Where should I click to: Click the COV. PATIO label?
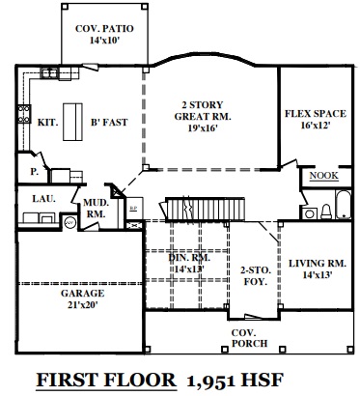click(104, 29)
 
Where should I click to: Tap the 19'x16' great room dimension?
click(203, 127)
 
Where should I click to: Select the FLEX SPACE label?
click(316, 114)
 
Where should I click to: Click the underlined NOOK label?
click(324, 176)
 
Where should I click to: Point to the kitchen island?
click(72, 122)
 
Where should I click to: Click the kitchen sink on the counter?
click(49, 73)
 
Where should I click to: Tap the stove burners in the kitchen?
click(24, 114)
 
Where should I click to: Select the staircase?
click(205, 209)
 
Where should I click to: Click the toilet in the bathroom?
click(326, 212)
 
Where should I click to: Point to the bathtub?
click(344, 205)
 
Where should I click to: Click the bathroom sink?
click(310, 213)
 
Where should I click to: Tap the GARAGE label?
click(82, 294)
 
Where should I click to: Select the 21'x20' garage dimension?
click(82, 304)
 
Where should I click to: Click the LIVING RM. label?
click(318, 264)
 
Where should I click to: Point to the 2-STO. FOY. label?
click(256, 275)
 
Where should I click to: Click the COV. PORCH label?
click(250, 338)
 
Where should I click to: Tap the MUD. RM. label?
click(96, 208)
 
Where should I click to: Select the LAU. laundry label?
click(43, 199)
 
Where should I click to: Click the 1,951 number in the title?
click(211, 381)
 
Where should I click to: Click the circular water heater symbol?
click(70, 222)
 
